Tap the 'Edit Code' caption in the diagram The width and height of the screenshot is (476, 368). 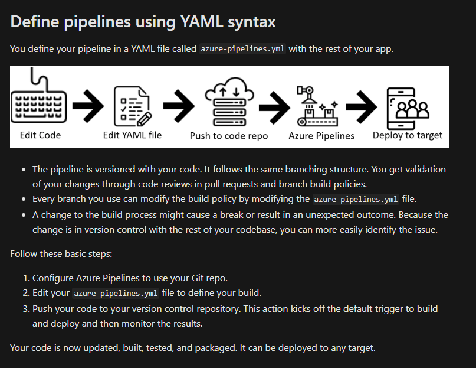coord(40,135)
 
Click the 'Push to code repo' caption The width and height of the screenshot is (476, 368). coord(229,136)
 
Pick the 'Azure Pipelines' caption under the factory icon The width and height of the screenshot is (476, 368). coord(321,136)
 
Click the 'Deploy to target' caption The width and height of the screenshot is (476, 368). coord(408,135)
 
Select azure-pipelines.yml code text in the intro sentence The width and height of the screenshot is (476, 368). coord(243,48)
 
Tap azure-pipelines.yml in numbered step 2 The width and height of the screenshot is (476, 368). coord(116,293)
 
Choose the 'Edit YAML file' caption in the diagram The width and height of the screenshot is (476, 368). coord(132,135)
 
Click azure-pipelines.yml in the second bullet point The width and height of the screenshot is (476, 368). coord(356,199)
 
